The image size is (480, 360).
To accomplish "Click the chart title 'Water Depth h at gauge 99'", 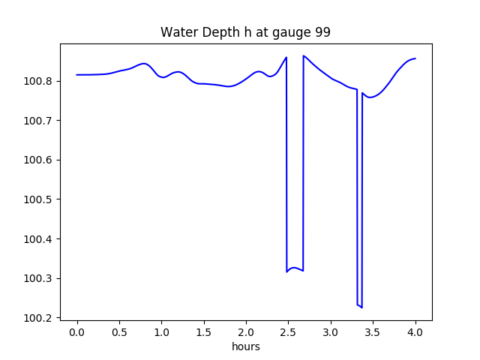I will (x=245, y=33).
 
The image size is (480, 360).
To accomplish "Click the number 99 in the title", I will (x=322, y=33).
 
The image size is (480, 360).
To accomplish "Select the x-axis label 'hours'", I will (x=245, y=347).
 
